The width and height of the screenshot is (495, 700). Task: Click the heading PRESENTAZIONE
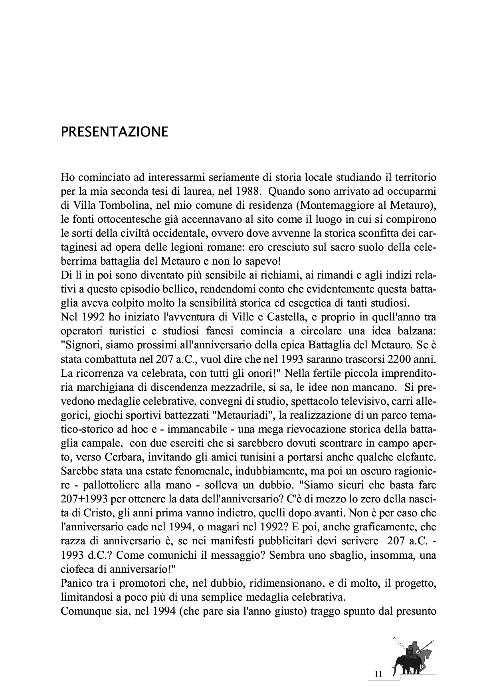point(114,132)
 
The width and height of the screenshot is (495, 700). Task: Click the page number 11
point(378,674)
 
